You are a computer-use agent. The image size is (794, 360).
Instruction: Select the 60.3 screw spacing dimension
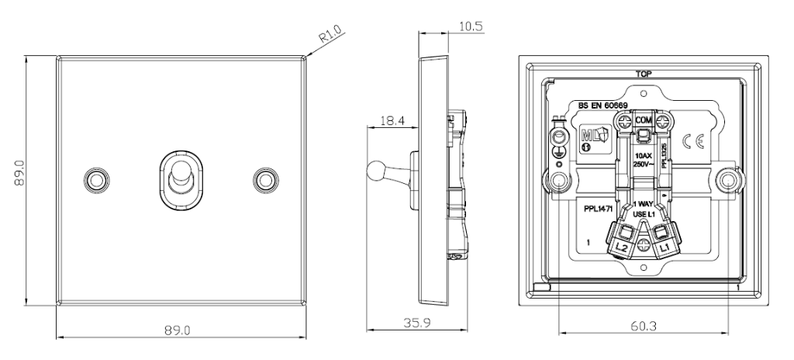[643, 327]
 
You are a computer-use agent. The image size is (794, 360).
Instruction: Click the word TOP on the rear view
[643, 74]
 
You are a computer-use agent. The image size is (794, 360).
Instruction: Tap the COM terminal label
[643, 121]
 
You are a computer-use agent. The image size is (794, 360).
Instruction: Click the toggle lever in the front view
[178, 180]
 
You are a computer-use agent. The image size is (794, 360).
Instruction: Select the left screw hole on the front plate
[95, 178]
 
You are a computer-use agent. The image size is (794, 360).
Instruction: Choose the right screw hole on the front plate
[266, 178]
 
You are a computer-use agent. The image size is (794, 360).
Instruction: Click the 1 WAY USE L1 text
[644, 208]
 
